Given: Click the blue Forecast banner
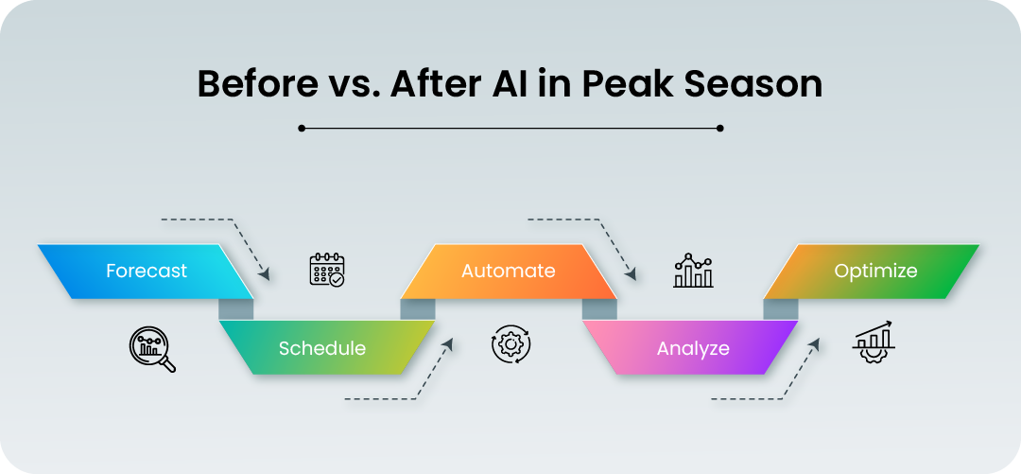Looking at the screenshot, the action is [146, 272].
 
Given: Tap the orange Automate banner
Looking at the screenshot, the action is [509, 272].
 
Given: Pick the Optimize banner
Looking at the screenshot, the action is [872, 272].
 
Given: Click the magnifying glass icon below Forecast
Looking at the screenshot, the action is [152, 349].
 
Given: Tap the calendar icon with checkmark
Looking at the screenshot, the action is [327, 270].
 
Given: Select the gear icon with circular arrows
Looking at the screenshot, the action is [511, 343].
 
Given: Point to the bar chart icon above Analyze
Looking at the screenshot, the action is [694, 271].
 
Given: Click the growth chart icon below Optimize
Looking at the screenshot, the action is [874, 342].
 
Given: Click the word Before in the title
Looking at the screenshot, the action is [258, 85].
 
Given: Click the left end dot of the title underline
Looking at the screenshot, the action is [302, 129].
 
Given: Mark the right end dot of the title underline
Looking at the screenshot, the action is [719, 129].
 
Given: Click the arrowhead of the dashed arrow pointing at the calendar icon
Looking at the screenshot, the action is [265, 274].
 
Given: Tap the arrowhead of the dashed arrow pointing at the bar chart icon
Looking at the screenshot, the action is [631, 274].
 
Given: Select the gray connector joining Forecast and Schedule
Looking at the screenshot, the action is [236, 309].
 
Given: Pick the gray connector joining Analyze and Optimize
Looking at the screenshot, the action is [781, 309].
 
